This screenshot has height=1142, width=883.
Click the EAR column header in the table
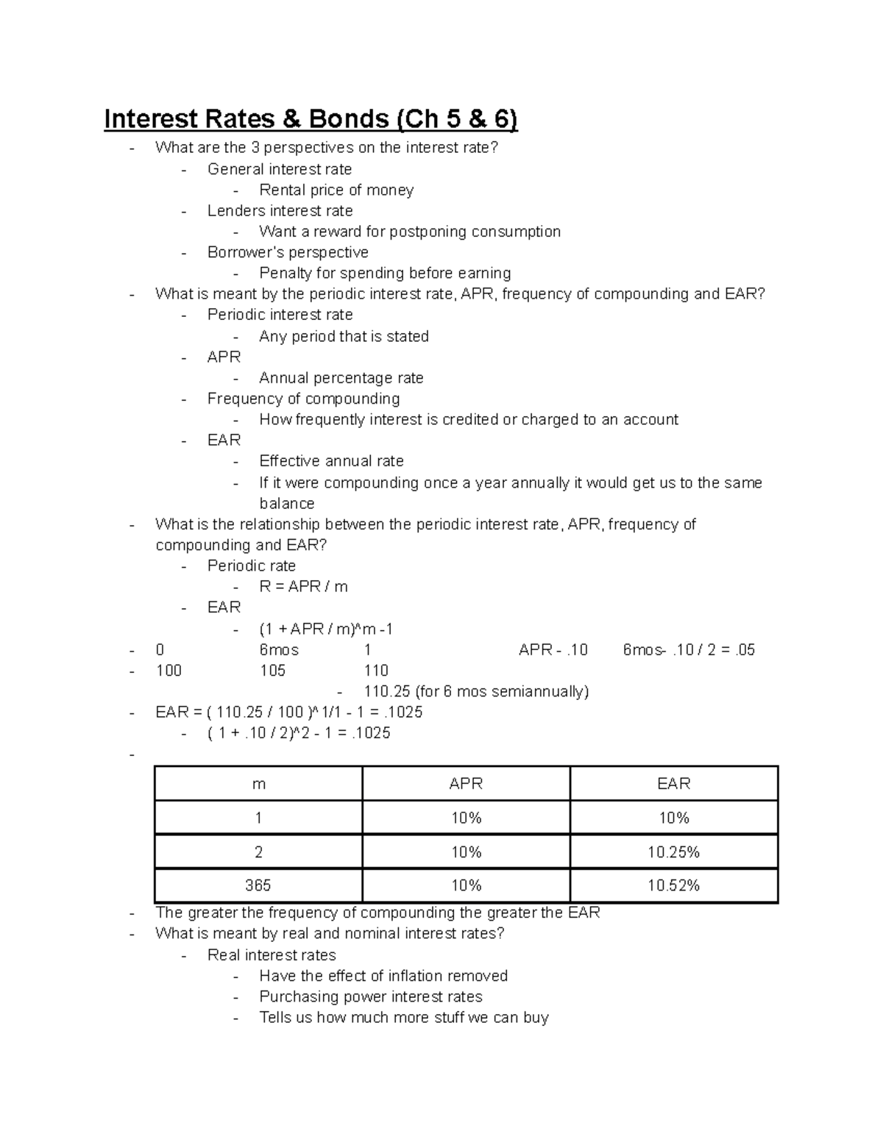[673, 784]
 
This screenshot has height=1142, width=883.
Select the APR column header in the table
[466, 784]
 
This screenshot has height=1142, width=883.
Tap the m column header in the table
[258, 784]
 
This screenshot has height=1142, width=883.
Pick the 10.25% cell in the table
[673, 852]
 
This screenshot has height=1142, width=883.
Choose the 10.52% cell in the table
[673, 886]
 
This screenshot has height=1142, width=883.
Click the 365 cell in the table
[258, 886]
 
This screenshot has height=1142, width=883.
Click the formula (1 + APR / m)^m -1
[326, 629]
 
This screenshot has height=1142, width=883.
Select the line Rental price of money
[336, 190]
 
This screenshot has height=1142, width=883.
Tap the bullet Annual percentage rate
[341, 378]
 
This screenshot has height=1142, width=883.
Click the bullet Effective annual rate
[331, 461]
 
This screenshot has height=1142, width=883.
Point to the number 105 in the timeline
[272, 671]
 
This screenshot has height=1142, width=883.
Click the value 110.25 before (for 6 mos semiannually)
[386, 692]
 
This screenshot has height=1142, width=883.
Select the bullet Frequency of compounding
[303, 399]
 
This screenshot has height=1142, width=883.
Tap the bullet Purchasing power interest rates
[371, 997]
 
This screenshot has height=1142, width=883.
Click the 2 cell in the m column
[258, 852]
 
